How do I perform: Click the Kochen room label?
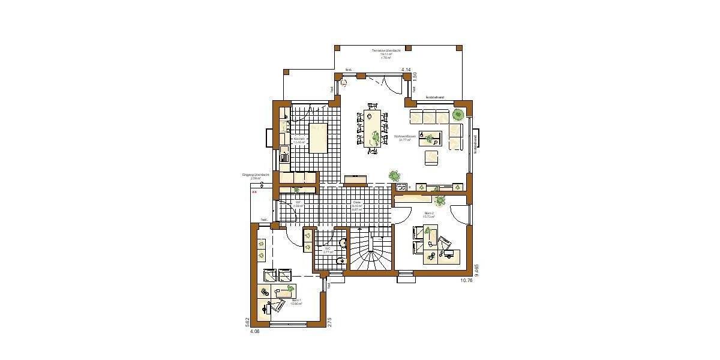tap(299, 140)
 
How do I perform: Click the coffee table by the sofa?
tap(430, 139)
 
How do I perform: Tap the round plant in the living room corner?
tap(458, 113)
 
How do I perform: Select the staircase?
tap(370, 252)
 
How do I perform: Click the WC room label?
tap(328, 250)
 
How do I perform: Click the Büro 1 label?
tap(295, 302)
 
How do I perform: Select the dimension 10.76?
tap(466, 280)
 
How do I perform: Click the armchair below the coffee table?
tap(432, 158)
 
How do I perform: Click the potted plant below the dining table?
tap(394, 175)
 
